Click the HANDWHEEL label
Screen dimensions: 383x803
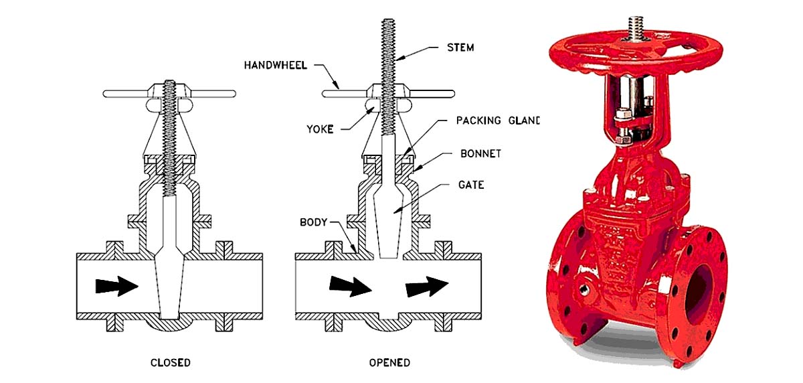pos(275,66)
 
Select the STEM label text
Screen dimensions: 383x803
pos(460,48)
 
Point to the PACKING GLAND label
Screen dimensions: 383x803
pos(497,121)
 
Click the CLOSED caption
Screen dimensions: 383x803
pos(170,363)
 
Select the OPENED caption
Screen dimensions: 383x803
pos(389,363)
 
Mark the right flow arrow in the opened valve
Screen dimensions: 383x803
pos(426,286)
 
